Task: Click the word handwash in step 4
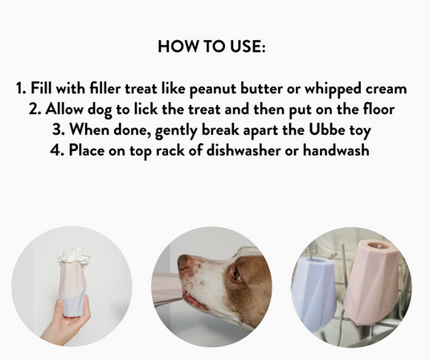338,150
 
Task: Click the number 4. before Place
76,150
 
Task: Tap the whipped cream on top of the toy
74,256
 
